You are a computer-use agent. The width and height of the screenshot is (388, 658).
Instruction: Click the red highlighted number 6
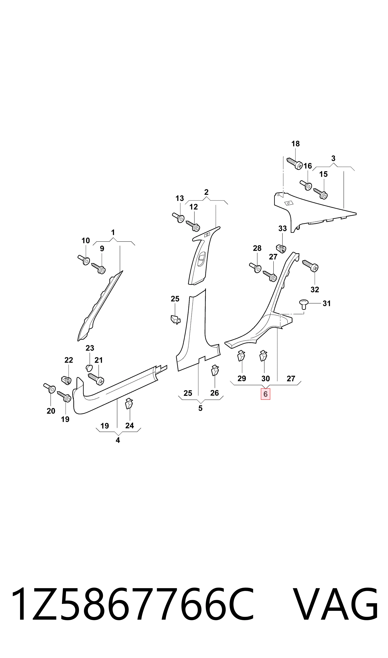(265, 394)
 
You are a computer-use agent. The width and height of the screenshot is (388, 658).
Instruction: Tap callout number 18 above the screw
(295, 144)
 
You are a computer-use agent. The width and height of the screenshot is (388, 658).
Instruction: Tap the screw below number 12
(193, 226)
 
